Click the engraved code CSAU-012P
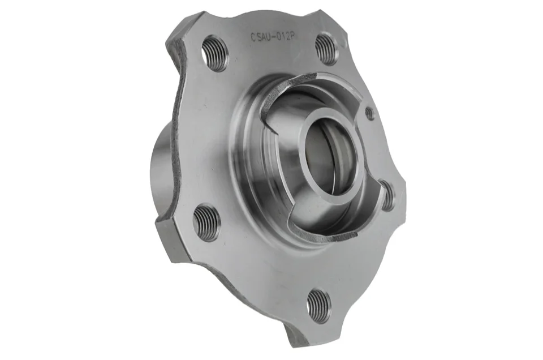[272, 37]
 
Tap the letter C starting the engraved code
[253, 37]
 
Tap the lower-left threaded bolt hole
[206, 222]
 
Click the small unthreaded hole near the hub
[370, 113]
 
